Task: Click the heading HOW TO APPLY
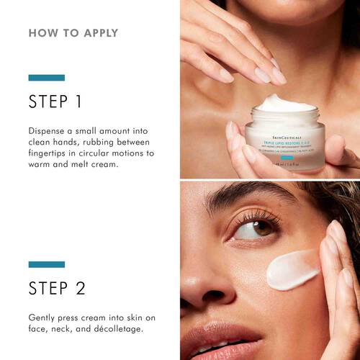[x=73, y=33]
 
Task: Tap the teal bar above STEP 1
[x=46, y=78]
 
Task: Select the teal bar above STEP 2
[x=46, y=264]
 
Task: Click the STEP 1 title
[x=55, y=102]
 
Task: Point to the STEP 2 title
[x=57, y=288]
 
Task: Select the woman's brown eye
[x=244, y=230]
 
